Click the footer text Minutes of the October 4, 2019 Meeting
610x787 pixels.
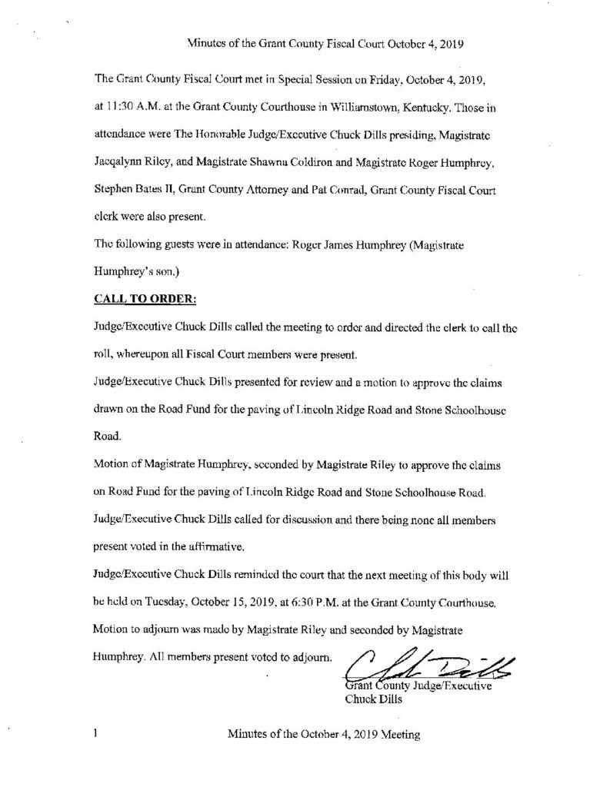click(x=323, y=736)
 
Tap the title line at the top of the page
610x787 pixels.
click(x=324, y=44)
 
